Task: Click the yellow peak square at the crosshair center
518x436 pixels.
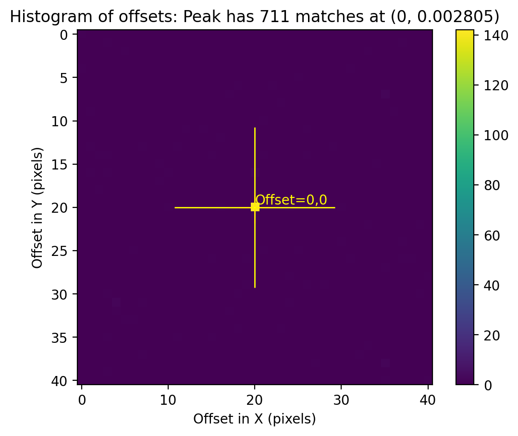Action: tap(255, 207)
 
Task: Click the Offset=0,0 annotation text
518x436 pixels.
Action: tap(291, 200)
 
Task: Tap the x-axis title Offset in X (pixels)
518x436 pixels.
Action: tap(255, 419)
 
